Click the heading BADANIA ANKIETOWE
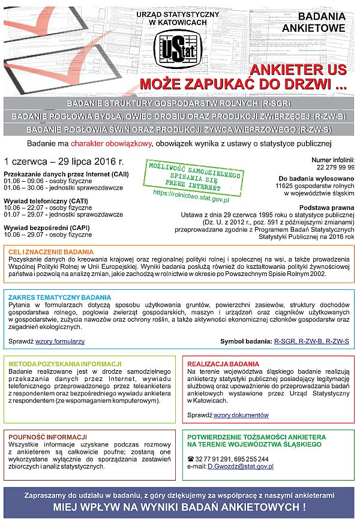(x=322, y=22)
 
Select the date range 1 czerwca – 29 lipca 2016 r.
(x=64, y=161)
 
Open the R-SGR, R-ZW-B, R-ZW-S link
(x=311, y=341)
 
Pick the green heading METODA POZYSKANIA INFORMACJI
(x=65, y=364)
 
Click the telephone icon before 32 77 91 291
(x=191, y=459)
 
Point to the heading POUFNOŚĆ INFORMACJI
(x=47, y=437)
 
